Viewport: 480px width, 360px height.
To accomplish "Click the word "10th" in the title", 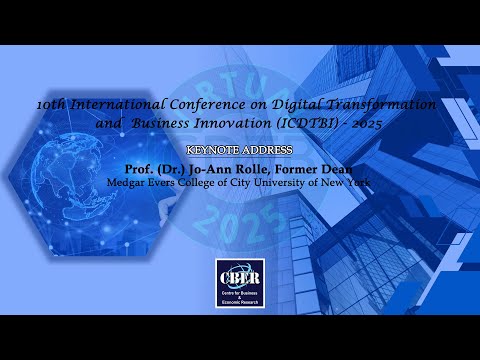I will coord(49,104).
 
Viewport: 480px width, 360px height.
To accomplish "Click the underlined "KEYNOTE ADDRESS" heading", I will coord(239,149).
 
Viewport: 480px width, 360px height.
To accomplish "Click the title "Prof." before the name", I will coord(140,168).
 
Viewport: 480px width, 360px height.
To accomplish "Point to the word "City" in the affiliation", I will coord(248,184).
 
